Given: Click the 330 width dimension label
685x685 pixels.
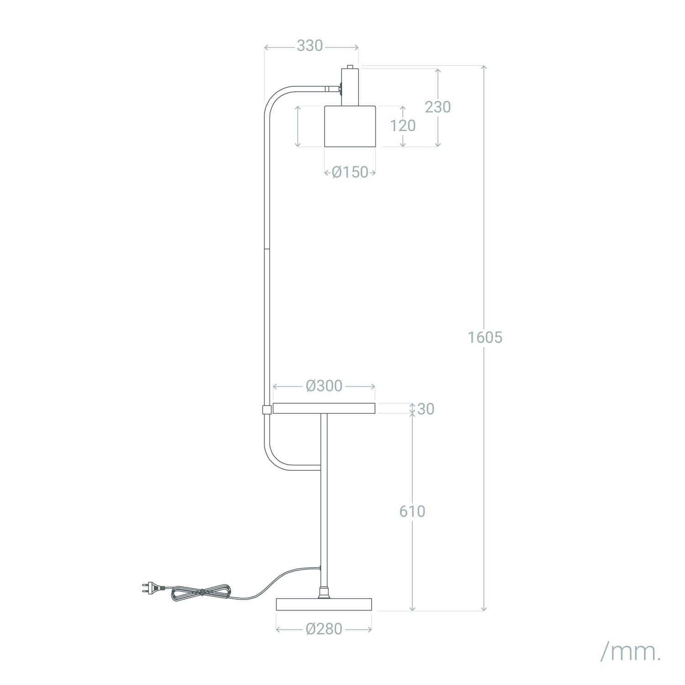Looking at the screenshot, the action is [310, 46].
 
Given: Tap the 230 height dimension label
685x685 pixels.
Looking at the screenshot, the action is [437, 107].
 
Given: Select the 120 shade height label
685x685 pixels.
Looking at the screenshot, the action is [402, 126].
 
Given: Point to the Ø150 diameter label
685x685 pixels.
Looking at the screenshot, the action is [350, 172].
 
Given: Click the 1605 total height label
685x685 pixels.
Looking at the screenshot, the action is [485, 337].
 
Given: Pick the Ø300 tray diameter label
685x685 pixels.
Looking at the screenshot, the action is [324, 386].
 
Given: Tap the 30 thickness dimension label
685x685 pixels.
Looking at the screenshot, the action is [426, 409].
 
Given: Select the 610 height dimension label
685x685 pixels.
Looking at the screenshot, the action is [412, 511].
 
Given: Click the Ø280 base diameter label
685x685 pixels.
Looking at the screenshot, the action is [324, 629].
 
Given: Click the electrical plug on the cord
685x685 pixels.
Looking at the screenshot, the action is [149, 589].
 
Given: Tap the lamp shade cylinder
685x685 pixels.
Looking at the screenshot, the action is [350, 126].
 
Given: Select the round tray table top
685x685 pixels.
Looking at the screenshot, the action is [324, 408].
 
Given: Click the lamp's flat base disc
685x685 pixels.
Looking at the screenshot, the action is [324, 605].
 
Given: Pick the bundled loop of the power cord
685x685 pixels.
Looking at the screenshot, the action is [200, 592].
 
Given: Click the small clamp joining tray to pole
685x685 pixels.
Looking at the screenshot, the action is [267, 409].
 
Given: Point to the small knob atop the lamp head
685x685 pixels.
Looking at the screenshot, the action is [350, 67].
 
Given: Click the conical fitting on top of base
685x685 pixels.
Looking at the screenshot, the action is [324, 593].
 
